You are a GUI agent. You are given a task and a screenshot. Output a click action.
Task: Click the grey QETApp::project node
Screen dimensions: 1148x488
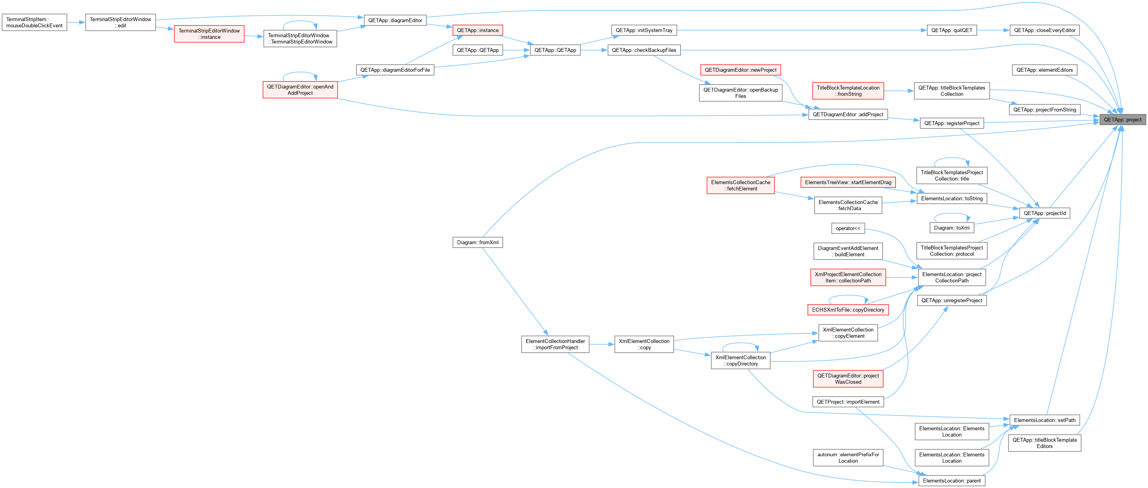tap(1122, 120)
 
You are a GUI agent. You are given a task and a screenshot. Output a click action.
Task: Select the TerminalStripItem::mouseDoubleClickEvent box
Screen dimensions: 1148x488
tap(34, 22)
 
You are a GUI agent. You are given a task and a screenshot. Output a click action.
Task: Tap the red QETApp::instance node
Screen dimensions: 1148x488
tap(477, 30)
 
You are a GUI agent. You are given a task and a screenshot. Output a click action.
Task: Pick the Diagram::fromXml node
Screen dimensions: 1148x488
tap(477, 243)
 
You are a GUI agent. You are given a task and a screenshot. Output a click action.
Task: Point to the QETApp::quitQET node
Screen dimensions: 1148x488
tap(951, 30)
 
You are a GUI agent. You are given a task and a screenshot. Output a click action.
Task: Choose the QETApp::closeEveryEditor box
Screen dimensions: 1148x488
tap(1044, 30)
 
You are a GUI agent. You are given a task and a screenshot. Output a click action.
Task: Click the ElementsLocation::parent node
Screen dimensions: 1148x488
tap(951, 481)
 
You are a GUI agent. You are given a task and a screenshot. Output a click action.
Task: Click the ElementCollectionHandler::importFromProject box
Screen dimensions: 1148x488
tap(555, 345)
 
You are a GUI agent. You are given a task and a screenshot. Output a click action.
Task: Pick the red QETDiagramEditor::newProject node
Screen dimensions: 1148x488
tap(740, 70)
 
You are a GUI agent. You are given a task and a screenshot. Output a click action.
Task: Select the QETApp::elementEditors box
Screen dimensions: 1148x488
tap(1044, 70)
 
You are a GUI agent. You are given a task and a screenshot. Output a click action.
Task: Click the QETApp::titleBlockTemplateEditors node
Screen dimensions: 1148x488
tap(1044, 443)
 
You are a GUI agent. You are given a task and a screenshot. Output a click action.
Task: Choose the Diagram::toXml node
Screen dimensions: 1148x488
tap(951, 228)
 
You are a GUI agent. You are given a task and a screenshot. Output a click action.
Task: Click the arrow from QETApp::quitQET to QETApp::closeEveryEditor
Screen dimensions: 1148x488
tap(993, 30)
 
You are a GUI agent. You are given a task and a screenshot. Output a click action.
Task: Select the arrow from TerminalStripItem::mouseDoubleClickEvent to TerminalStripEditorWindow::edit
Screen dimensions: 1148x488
tap(76, 22)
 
